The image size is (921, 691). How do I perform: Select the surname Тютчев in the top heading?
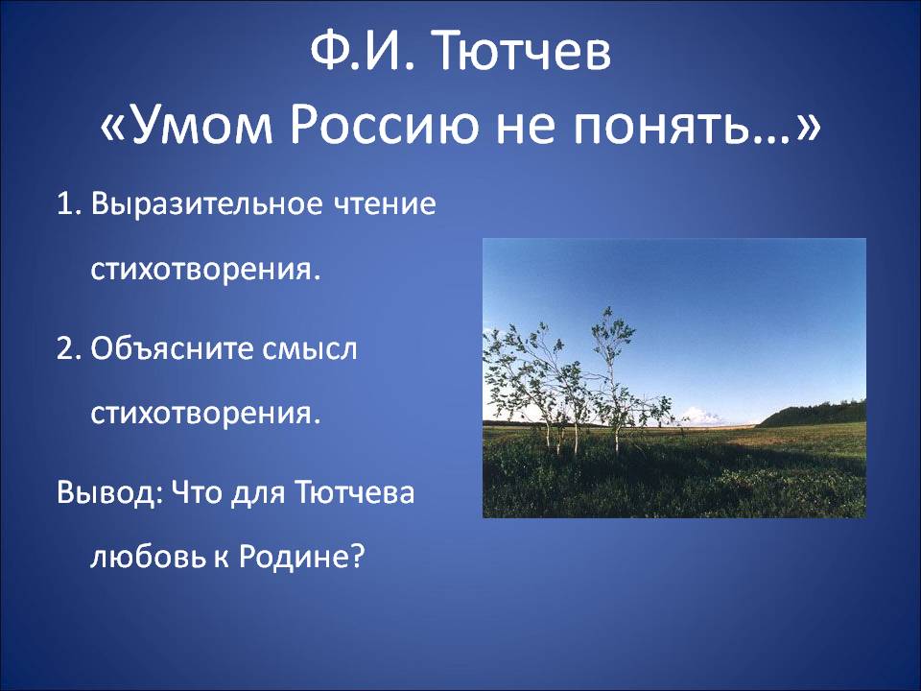(523, 51)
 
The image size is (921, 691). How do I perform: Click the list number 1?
(69, 204)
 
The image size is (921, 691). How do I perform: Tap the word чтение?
(385, 204)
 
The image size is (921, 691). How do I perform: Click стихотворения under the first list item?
(205, 270)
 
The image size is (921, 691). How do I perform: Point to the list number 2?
(70, 348)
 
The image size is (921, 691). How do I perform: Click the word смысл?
(310, 349)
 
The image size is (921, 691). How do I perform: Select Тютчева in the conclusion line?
(354, 492)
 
